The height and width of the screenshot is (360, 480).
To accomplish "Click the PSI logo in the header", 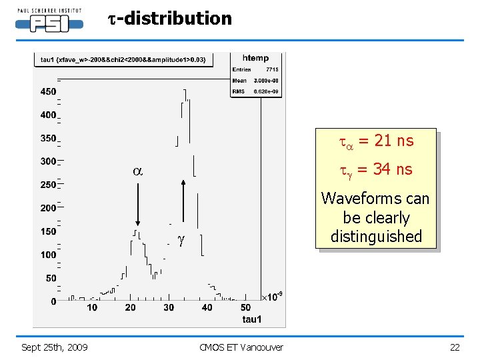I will coord(49,22).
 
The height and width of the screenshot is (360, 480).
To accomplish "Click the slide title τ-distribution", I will coord(169,19).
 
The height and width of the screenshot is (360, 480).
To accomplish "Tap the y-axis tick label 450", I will coord(47,92).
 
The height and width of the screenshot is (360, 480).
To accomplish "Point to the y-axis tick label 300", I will coord(47,161).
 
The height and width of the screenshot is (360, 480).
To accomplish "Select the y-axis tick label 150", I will coord(47,231).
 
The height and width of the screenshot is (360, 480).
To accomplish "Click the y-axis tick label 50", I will coord(50,278).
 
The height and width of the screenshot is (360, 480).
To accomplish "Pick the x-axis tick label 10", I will coord(92,307).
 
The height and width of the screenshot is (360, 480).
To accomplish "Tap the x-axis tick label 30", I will coord(169,307).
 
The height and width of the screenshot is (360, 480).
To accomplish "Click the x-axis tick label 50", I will coord(245,307).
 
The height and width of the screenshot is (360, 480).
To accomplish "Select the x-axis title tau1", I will coord(252,319).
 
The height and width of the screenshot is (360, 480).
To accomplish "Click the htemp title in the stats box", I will coord(256,59).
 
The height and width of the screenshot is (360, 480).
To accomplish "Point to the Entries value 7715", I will coord(271,69).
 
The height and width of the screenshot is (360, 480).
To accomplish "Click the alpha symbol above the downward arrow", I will coord(137,171).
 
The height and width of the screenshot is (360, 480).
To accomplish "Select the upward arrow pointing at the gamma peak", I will coord(183,205).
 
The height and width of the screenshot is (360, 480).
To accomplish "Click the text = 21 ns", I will coord(386,141).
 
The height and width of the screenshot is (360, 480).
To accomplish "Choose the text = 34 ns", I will coord(385,169).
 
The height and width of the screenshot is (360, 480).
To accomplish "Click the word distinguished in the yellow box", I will coord(376,237).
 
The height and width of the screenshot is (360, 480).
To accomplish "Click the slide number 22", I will coord(455,347).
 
